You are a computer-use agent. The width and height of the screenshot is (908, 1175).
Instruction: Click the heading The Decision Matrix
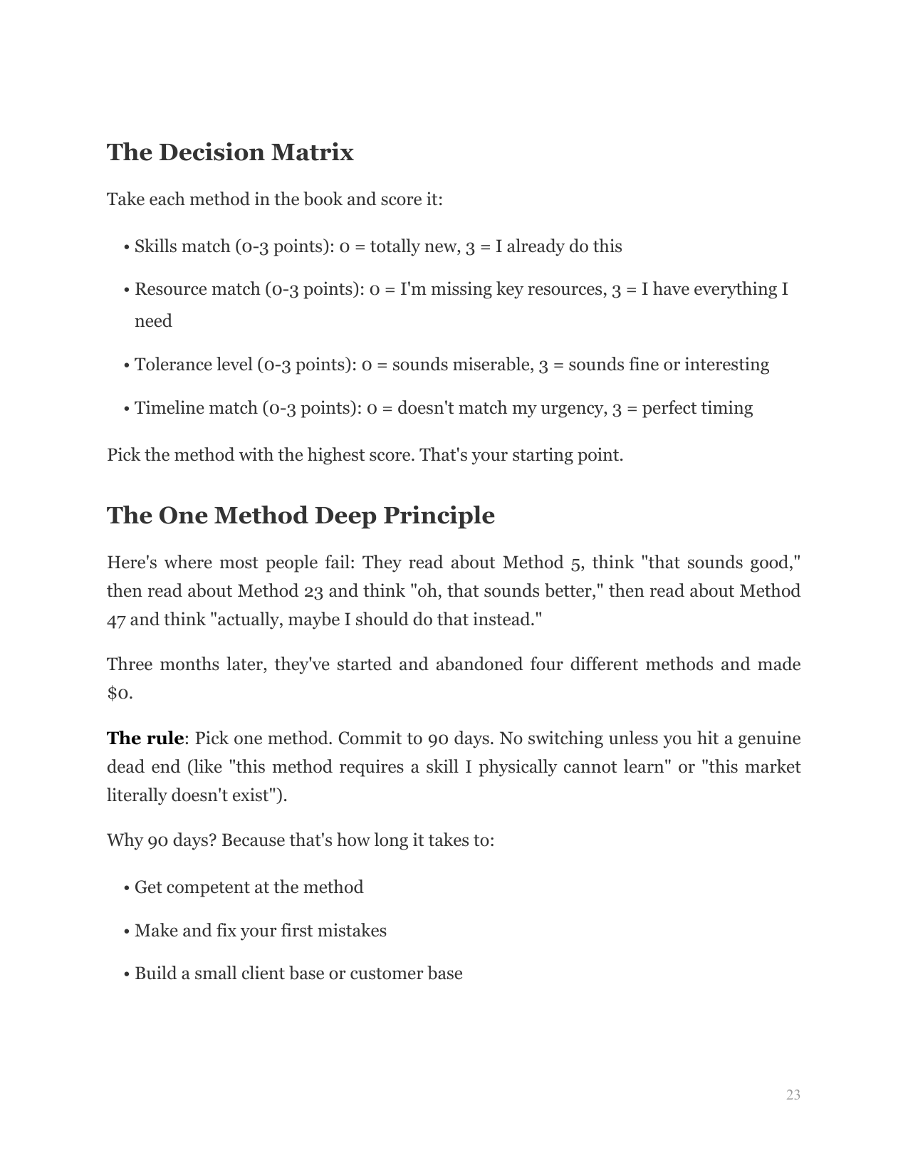point(230,152)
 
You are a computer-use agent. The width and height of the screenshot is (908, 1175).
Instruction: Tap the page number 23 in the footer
point(793,1095)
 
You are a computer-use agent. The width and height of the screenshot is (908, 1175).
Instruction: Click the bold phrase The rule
point(145,738)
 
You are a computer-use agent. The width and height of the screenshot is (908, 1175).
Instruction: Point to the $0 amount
point(118,693)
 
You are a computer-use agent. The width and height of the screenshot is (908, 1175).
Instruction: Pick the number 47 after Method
point(116,620)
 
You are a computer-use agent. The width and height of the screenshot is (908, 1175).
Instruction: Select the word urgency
point(573,408)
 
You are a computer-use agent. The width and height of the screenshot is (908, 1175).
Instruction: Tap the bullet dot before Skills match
point(126,247)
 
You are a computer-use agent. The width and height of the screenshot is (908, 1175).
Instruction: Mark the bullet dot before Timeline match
point(126,409)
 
